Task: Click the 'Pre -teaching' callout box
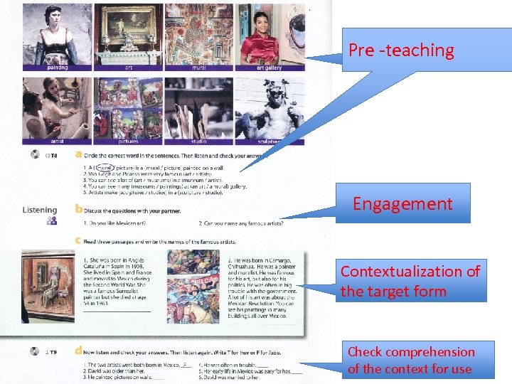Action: coord(401,50)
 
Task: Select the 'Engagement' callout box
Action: coord(402,204)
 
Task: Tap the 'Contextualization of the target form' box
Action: coord(412,281)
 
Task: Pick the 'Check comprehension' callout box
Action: coord(412,360)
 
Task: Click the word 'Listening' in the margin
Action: coord(40,210)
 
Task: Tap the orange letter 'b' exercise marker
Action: coord(78,209)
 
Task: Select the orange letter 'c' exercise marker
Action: coord(78,240)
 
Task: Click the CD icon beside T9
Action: coord(33,351)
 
